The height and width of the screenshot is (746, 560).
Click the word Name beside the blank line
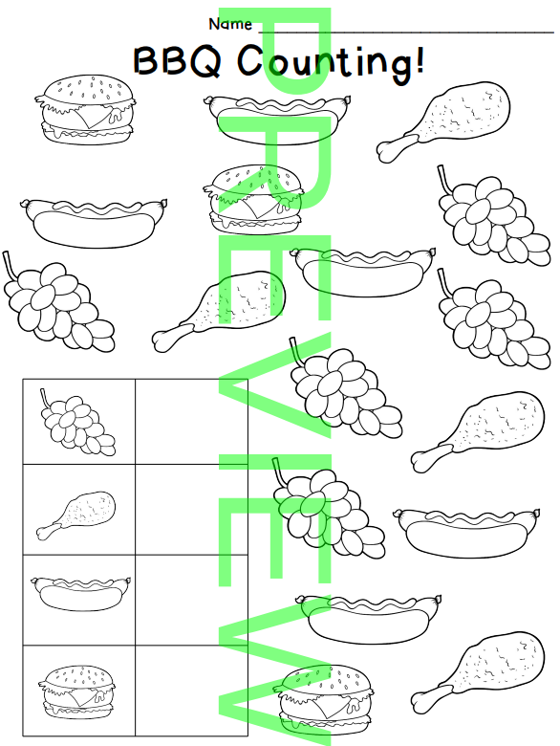[x=230, y=24]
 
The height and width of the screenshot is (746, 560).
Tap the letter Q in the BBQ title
[x=205, y=61]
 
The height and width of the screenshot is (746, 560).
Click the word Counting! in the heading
[x=331, y=63]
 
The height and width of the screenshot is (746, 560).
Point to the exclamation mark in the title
[x=419, y=59]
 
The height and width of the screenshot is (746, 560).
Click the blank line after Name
[x=406, y=33]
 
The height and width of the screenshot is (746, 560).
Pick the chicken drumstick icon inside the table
[x=76, y=516]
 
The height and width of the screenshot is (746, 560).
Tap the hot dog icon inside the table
[x=81, y=594]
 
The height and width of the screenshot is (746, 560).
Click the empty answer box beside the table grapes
[x=191, y=422]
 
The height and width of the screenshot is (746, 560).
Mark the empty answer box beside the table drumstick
[x=191, y=510]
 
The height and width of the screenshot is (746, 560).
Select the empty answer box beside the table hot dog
[x=191, y=600]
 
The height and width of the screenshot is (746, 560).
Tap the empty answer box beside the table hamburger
[x=191, y=691]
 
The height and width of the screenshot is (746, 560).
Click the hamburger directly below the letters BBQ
[x=84, y=109]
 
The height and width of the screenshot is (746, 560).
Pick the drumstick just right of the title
[x=443, y=121]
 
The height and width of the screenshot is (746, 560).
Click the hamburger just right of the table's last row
[x=323, y=699]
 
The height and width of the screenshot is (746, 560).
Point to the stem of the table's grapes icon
[x=44, y=397]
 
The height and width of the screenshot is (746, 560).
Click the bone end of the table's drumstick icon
[x=45, y=532]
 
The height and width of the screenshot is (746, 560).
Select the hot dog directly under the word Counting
[x=279, y=119]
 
